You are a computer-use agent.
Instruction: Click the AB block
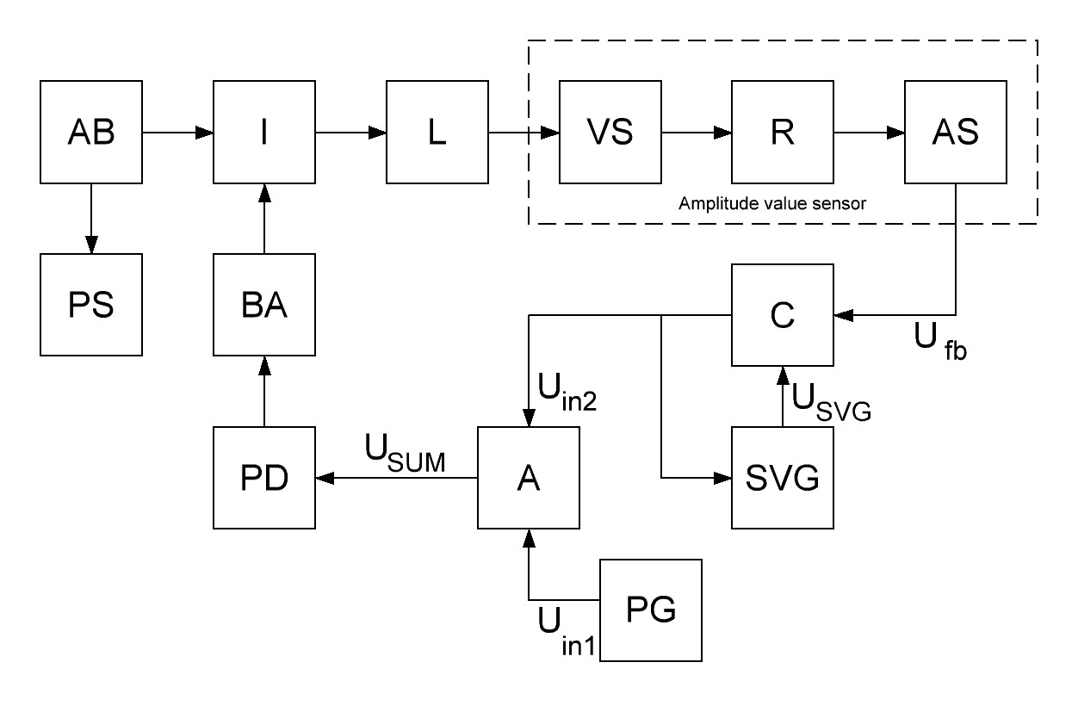(x=92, y=133)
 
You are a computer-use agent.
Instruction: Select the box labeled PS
(x=92, y=306)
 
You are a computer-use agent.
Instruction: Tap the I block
(x=265, y=133)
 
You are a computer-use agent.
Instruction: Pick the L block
(x=437, y=133)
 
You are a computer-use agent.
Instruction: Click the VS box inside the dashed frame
(x=610, y=133)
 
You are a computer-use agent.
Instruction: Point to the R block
(x=783, y=133)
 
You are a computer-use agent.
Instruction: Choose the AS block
(x=955, y=133)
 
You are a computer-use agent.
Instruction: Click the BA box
(x=265, y=306)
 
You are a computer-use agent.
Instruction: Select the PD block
(x=265, y=477)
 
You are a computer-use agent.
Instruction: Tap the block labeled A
(x=529, y=477)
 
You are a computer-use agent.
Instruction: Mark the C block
(x=783, y=315)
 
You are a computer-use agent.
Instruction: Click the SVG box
(x=783, y=477)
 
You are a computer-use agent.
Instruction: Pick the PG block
(x=650, y=610)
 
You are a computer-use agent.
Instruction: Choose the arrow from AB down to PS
(x=92, y=220)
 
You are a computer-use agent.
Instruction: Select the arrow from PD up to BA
(x=265, y=391)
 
